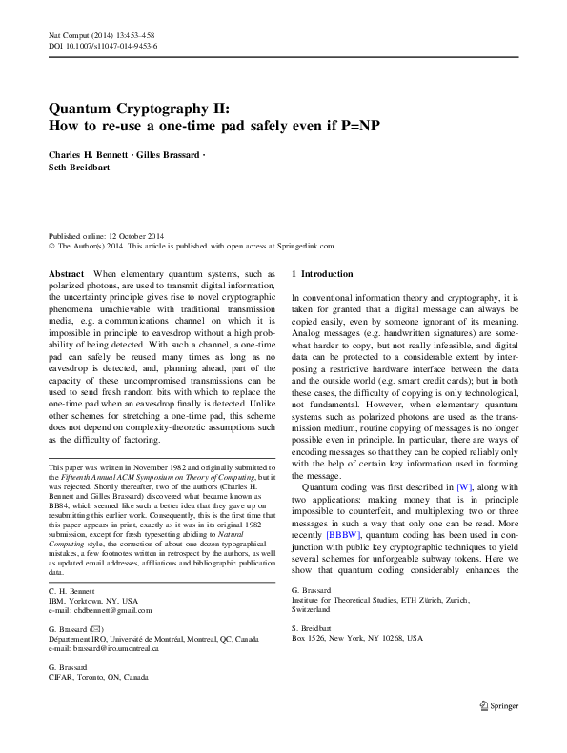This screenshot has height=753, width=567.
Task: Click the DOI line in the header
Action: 103,46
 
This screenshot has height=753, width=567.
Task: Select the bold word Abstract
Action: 65,273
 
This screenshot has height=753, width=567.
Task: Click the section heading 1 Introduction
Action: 321,274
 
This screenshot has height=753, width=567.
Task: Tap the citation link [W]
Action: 464,486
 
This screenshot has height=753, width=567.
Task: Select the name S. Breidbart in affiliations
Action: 312,629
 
